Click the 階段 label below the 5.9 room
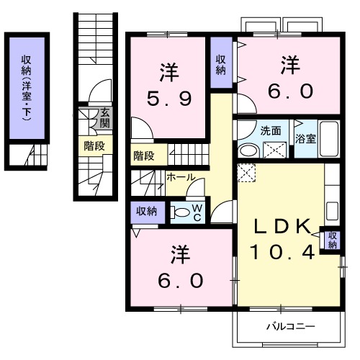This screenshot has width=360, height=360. [143, 155]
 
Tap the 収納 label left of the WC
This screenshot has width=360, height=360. [146, 211]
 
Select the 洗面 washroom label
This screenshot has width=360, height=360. [270, 131]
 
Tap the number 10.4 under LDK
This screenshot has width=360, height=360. [282, 252]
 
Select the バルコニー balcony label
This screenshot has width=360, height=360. [289, 326]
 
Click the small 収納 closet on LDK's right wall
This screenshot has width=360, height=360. [332, 240]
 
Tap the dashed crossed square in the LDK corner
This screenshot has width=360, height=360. [246, 174]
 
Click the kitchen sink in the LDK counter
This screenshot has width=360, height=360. [332, 211]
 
